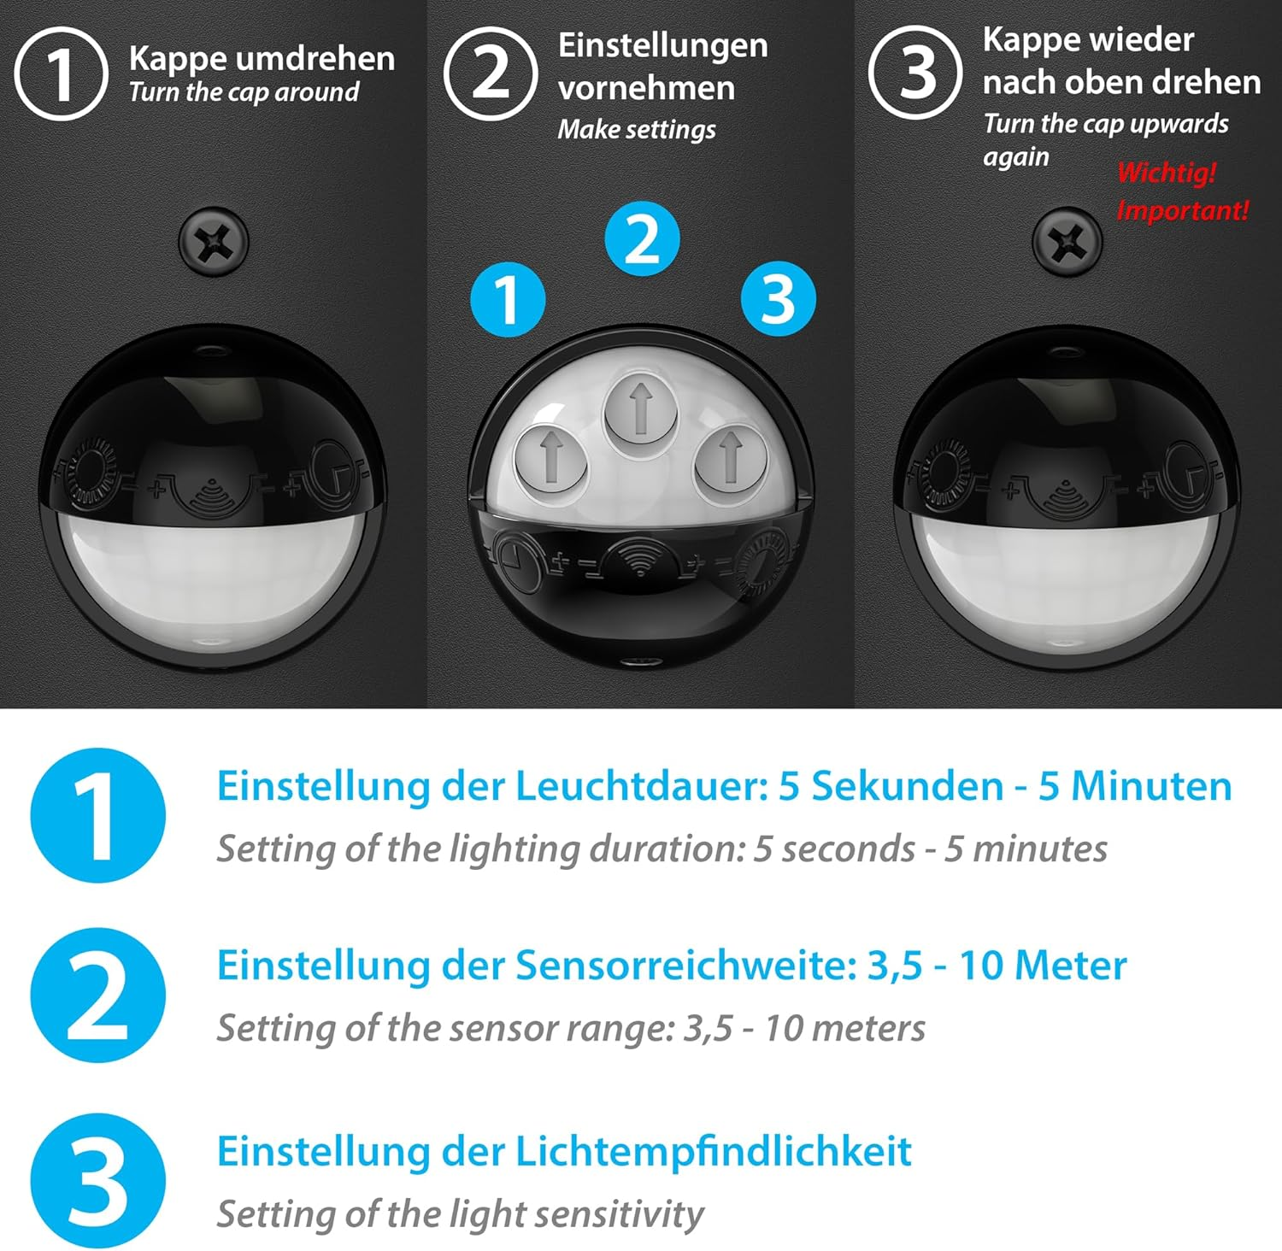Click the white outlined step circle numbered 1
point(61,73)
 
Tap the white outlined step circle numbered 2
point(491,73)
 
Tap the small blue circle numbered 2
point(642,239)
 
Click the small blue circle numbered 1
point(509,299)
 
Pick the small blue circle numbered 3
point(778,299)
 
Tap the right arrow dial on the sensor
point(730,456)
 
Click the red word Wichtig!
point(1166,173)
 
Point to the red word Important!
point(1183,210)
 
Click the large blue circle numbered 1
point(97,815)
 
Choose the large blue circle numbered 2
point(97,996)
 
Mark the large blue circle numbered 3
point(97,1181)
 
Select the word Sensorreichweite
point(685,966)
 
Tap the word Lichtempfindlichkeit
point(713,1152)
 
